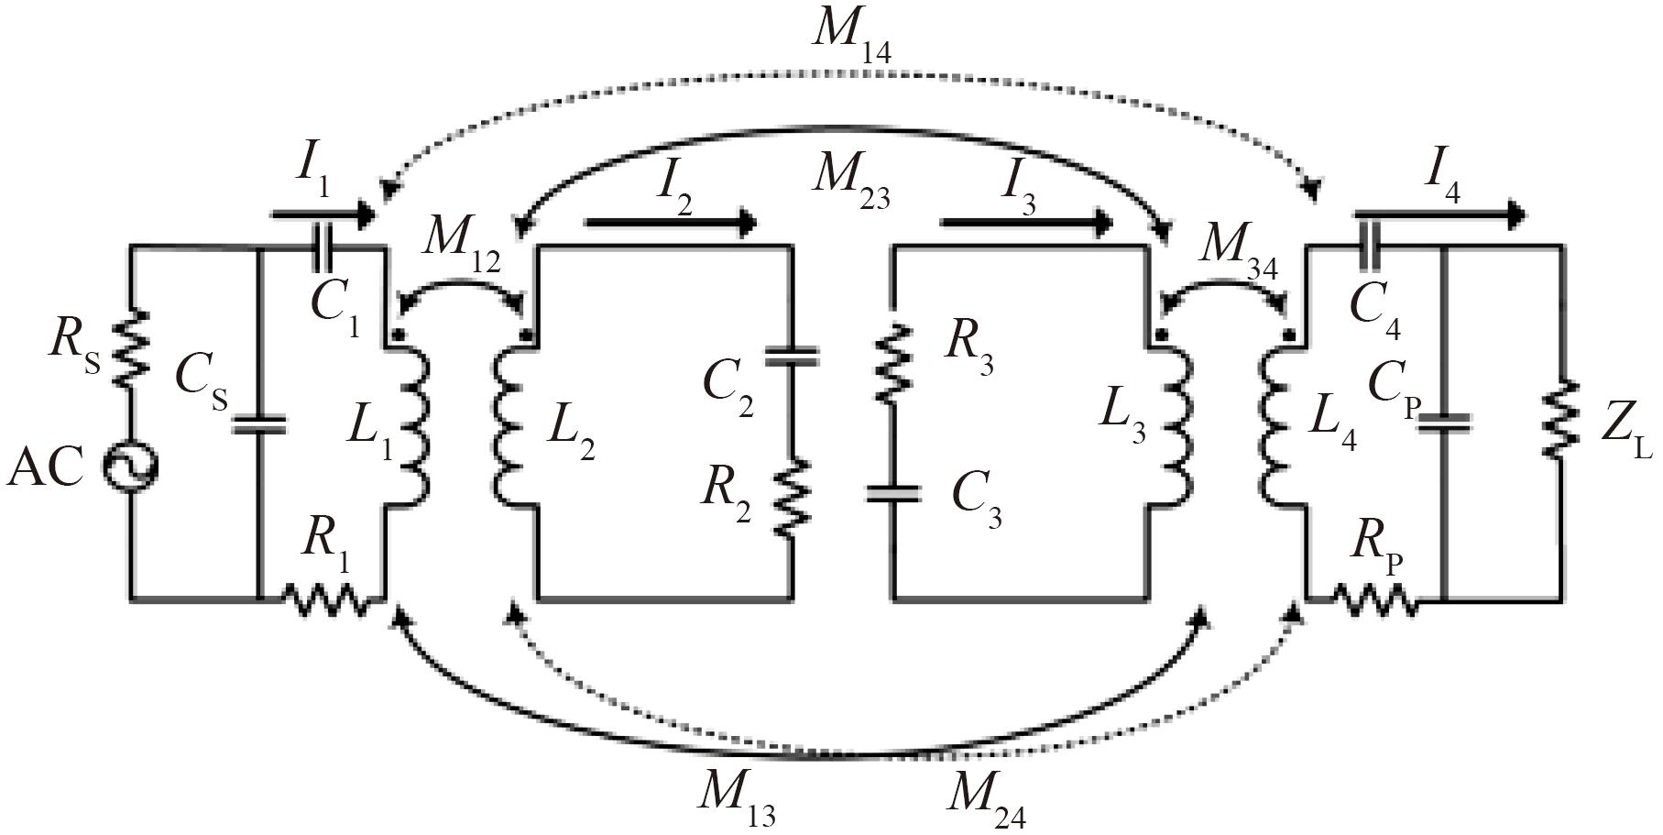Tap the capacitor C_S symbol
click(257, 424)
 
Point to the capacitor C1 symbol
click(320, 247)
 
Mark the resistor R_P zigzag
click(1373, 600)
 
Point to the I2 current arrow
click(670, 222)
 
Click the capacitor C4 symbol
click(1364, 247)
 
